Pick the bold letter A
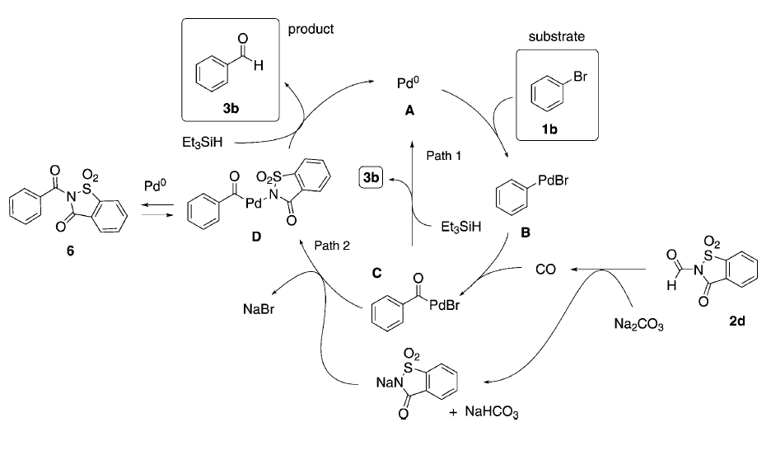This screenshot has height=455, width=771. (409, 110)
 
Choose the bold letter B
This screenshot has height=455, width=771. (525, 233)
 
